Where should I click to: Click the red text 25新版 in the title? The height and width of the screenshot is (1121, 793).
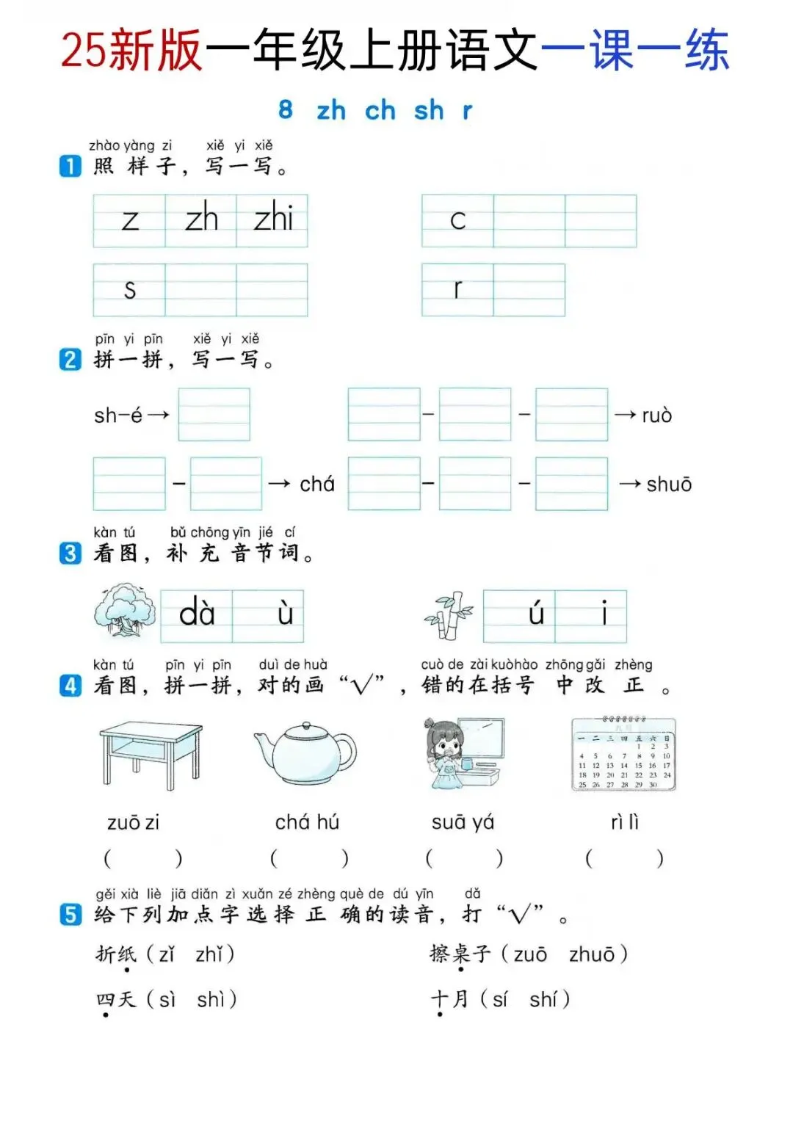tap(131, 49)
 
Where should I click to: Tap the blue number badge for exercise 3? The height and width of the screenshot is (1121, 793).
tap(70, 554)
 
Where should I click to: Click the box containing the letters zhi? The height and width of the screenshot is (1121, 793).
tap(272, 221)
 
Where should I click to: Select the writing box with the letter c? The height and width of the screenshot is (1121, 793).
tap(457, 221)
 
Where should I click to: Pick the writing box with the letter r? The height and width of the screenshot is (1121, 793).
tap(457, 290)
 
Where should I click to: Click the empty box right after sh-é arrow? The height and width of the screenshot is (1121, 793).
tap(214, 414)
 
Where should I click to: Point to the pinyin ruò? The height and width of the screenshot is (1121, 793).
tap(657, 416)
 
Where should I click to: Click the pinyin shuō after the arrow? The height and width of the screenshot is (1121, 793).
tap(669, 485)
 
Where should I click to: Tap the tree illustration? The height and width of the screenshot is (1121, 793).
tap(125, 609)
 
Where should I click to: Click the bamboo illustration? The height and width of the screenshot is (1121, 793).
tap(449, 615)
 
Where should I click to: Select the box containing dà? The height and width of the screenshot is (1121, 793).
tap(197, 616)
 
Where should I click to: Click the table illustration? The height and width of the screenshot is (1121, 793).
tap(151, 755)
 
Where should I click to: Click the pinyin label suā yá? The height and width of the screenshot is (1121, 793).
tap(463, 822)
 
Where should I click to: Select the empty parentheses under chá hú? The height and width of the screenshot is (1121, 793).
tap(309, 858)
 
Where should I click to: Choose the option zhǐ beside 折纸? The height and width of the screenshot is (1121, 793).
tap(209, 954)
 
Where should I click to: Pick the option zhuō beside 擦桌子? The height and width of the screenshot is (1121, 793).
tap(592, 954)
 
